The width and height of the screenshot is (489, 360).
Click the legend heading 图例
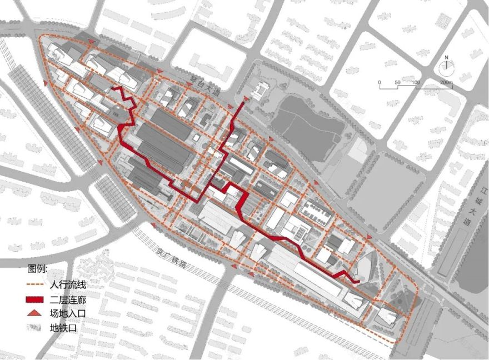click(x=38, y=269)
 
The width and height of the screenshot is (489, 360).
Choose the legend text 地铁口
click(x=62, y=328)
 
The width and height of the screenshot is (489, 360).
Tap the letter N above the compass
click(x=446, y=57)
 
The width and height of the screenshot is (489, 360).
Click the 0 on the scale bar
click(x=380, y=82)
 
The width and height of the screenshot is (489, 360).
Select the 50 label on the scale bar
click(x=397, y=82)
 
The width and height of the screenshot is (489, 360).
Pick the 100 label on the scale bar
click(x=416, y=82)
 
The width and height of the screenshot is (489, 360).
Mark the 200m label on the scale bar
click(x=447, y=82)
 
